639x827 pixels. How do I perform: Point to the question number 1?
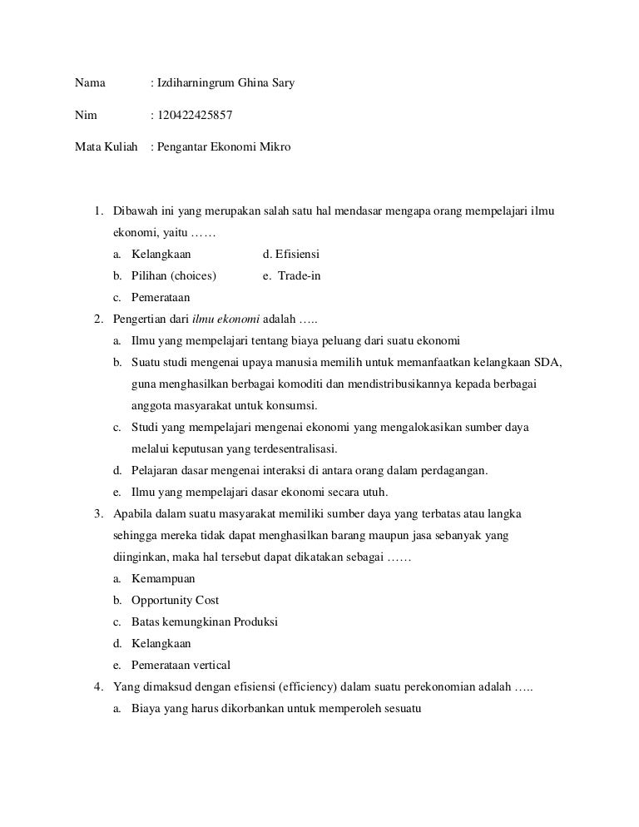[97, 211]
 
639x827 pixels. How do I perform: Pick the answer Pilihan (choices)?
[174, 276]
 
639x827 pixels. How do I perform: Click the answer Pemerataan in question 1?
[161, 298]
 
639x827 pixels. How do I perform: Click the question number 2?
[97, 319]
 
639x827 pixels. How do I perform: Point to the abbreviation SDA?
[548, 363]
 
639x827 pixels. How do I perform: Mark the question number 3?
[97, 514]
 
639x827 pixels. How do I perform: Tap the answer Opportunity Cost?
[176, 601]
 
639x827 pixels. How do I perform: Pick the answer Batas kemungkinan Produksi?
[205, 622]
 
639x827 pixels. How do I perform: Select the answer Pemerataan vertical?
[181, 666]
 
